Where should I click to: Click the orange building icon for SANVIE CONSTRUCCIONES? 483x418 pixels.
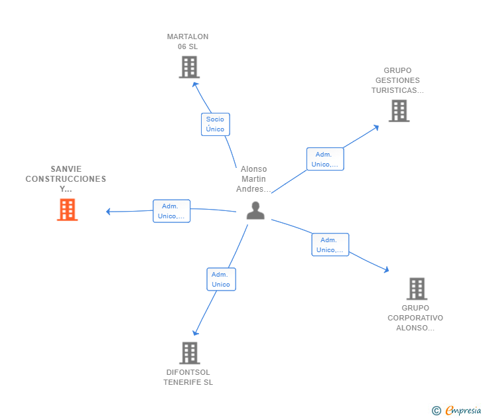(67, 210)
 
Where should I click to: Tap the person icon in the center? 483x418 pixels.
(255, 210)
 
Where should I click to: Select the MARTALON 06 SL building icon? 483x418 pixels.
(189, 67)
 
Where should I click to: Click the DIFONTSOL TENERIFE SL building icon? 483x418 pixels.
(190, 353)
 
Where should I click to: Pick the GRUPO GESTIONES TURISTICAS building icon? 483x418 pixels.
(399, 111)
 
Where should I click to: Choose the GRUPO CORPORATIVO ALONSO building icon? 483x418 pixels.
(417, 289)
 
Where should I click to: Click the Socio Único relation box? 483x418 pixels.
(216, 125)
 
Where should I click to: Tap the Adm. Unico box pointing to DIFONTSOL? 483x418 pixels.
(221, 279)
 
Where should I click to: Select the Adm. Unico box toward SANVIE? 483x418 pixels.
(172, 211)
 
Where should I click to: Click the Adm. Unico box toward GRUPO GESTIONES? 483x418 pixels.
(325, 159)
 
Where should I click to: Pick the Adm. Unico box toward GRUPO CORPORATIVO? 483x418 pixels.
(330, 245)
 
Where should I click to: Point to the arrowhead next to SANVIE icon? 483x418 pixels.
(108, 212)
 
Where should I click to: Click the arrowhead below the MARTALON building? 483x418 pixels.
(195, 85)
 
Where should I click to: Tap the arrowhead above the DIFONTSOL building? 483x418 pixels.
(195, 332)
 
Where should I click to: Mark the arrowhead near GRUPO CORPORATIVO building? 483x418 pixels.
(386, 270)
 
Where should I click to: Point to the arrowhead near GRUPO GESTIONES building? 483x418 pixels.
(376, 127)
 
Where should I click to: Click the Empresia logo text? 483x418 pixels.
(463, 410)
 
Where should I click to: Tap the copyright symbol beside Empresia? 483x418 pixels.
(436, 411)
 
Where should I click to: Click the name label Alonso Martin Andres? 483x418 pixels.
(253, 179)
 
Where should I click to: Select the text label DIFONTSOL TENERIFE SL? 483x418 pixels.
(188, 378)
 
